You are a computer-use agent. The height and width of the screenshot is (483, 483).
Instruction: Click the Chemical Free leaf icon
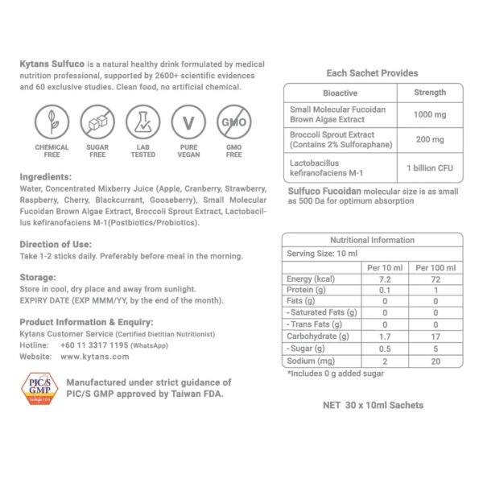[51, 122]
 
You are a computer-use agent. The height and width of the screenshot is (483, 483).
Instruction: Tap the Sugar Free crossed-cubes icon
[97, 122]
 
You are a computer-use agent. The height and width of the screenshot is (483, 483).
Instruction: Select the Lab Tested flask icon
[142, 122]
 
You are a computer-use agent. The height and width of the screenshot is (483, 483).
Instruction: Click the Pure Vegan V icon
[188, 122]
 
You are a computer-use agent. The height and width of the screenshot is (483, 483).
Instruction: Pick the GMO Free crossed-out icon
[233, 122]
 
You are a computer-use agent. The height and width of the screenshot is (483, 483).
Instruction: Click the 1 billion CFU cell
[429, 168]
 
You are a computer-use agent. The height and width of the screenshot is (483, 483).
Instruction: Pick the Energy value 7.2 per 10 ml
[383, 279]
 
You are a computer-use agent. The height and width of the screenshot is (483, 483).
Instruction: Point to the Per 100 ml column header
[436, 266]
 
